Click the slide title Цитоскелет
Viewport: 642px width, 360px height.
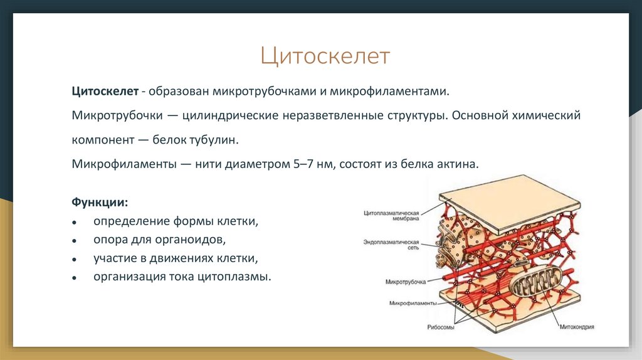(325, 56)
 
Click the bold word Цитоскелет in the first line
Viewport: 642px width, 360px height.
(105, 92)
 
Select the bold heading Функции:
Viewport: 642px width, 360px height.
(100, 203)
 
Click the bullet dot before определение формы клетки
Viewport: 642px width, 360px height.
(75, 223)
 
